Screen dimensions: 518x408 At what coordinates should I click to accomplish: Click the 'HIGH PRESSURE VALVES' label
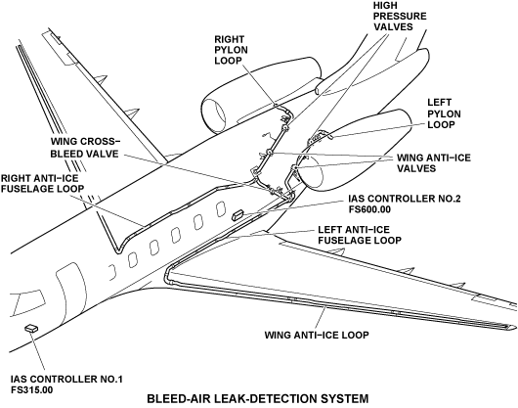click(x=400, y=16)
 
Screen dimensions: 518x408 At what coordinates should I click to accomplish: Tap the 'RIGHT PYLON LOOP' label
click(x=231, y=50)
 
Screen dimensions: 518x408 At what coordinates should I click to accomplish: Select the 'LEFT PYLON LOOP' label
click(x=444, y=113)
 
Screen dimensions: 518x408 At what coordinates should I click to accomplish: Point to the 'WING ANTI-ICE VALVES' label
click(x=433, y=162)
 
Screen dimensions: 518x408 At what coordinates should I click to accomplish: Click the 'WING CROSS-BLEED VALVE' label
click(x=85, y=148)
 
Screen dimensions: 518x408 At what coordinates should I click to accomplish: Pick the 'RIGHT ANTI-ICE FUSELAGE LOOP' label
click(x=43, y=183)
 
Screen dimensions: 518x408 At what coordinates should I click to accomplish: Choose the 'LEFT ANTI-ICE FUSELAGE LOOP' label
click(x=360, y=235)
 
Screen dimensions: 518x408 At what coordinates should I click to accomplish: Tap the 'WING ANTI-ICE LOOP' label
click(x=317, y=335)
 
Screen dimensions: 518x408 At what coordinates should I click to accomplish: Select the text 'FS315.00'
click(x=31, y=390)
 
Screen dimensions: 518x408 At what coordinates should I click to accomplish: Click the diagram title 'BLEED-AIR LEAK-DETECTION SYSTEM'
click(x=257, y=398)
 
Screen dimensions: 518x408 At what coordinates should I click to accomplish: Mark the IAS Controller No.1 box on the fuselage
click(x=31, y=328)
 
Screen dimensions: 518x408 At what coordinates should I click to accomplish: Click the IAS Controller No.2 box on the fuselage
click(x=237, y=214)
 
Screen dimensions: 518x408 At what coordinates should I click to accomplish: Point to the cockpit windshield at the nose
click(x=29, y=302)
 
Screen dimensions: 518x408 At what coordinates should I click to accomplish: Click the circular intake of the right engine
click(x=214, y=115)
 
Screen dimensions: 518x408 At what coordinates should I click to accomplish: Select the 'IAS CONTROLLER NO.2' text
click(x=405, y=199)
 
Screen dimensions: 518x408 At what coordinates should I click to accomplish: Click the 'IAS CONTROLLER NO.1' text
click(x=66, y=380)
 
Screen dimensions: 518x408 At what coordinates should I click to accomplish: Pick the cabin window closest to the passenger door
click(x=112, y=272)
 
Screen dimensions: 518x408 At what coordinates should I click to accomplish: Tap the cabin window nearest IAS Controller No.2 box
click(x=221, y=209)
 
